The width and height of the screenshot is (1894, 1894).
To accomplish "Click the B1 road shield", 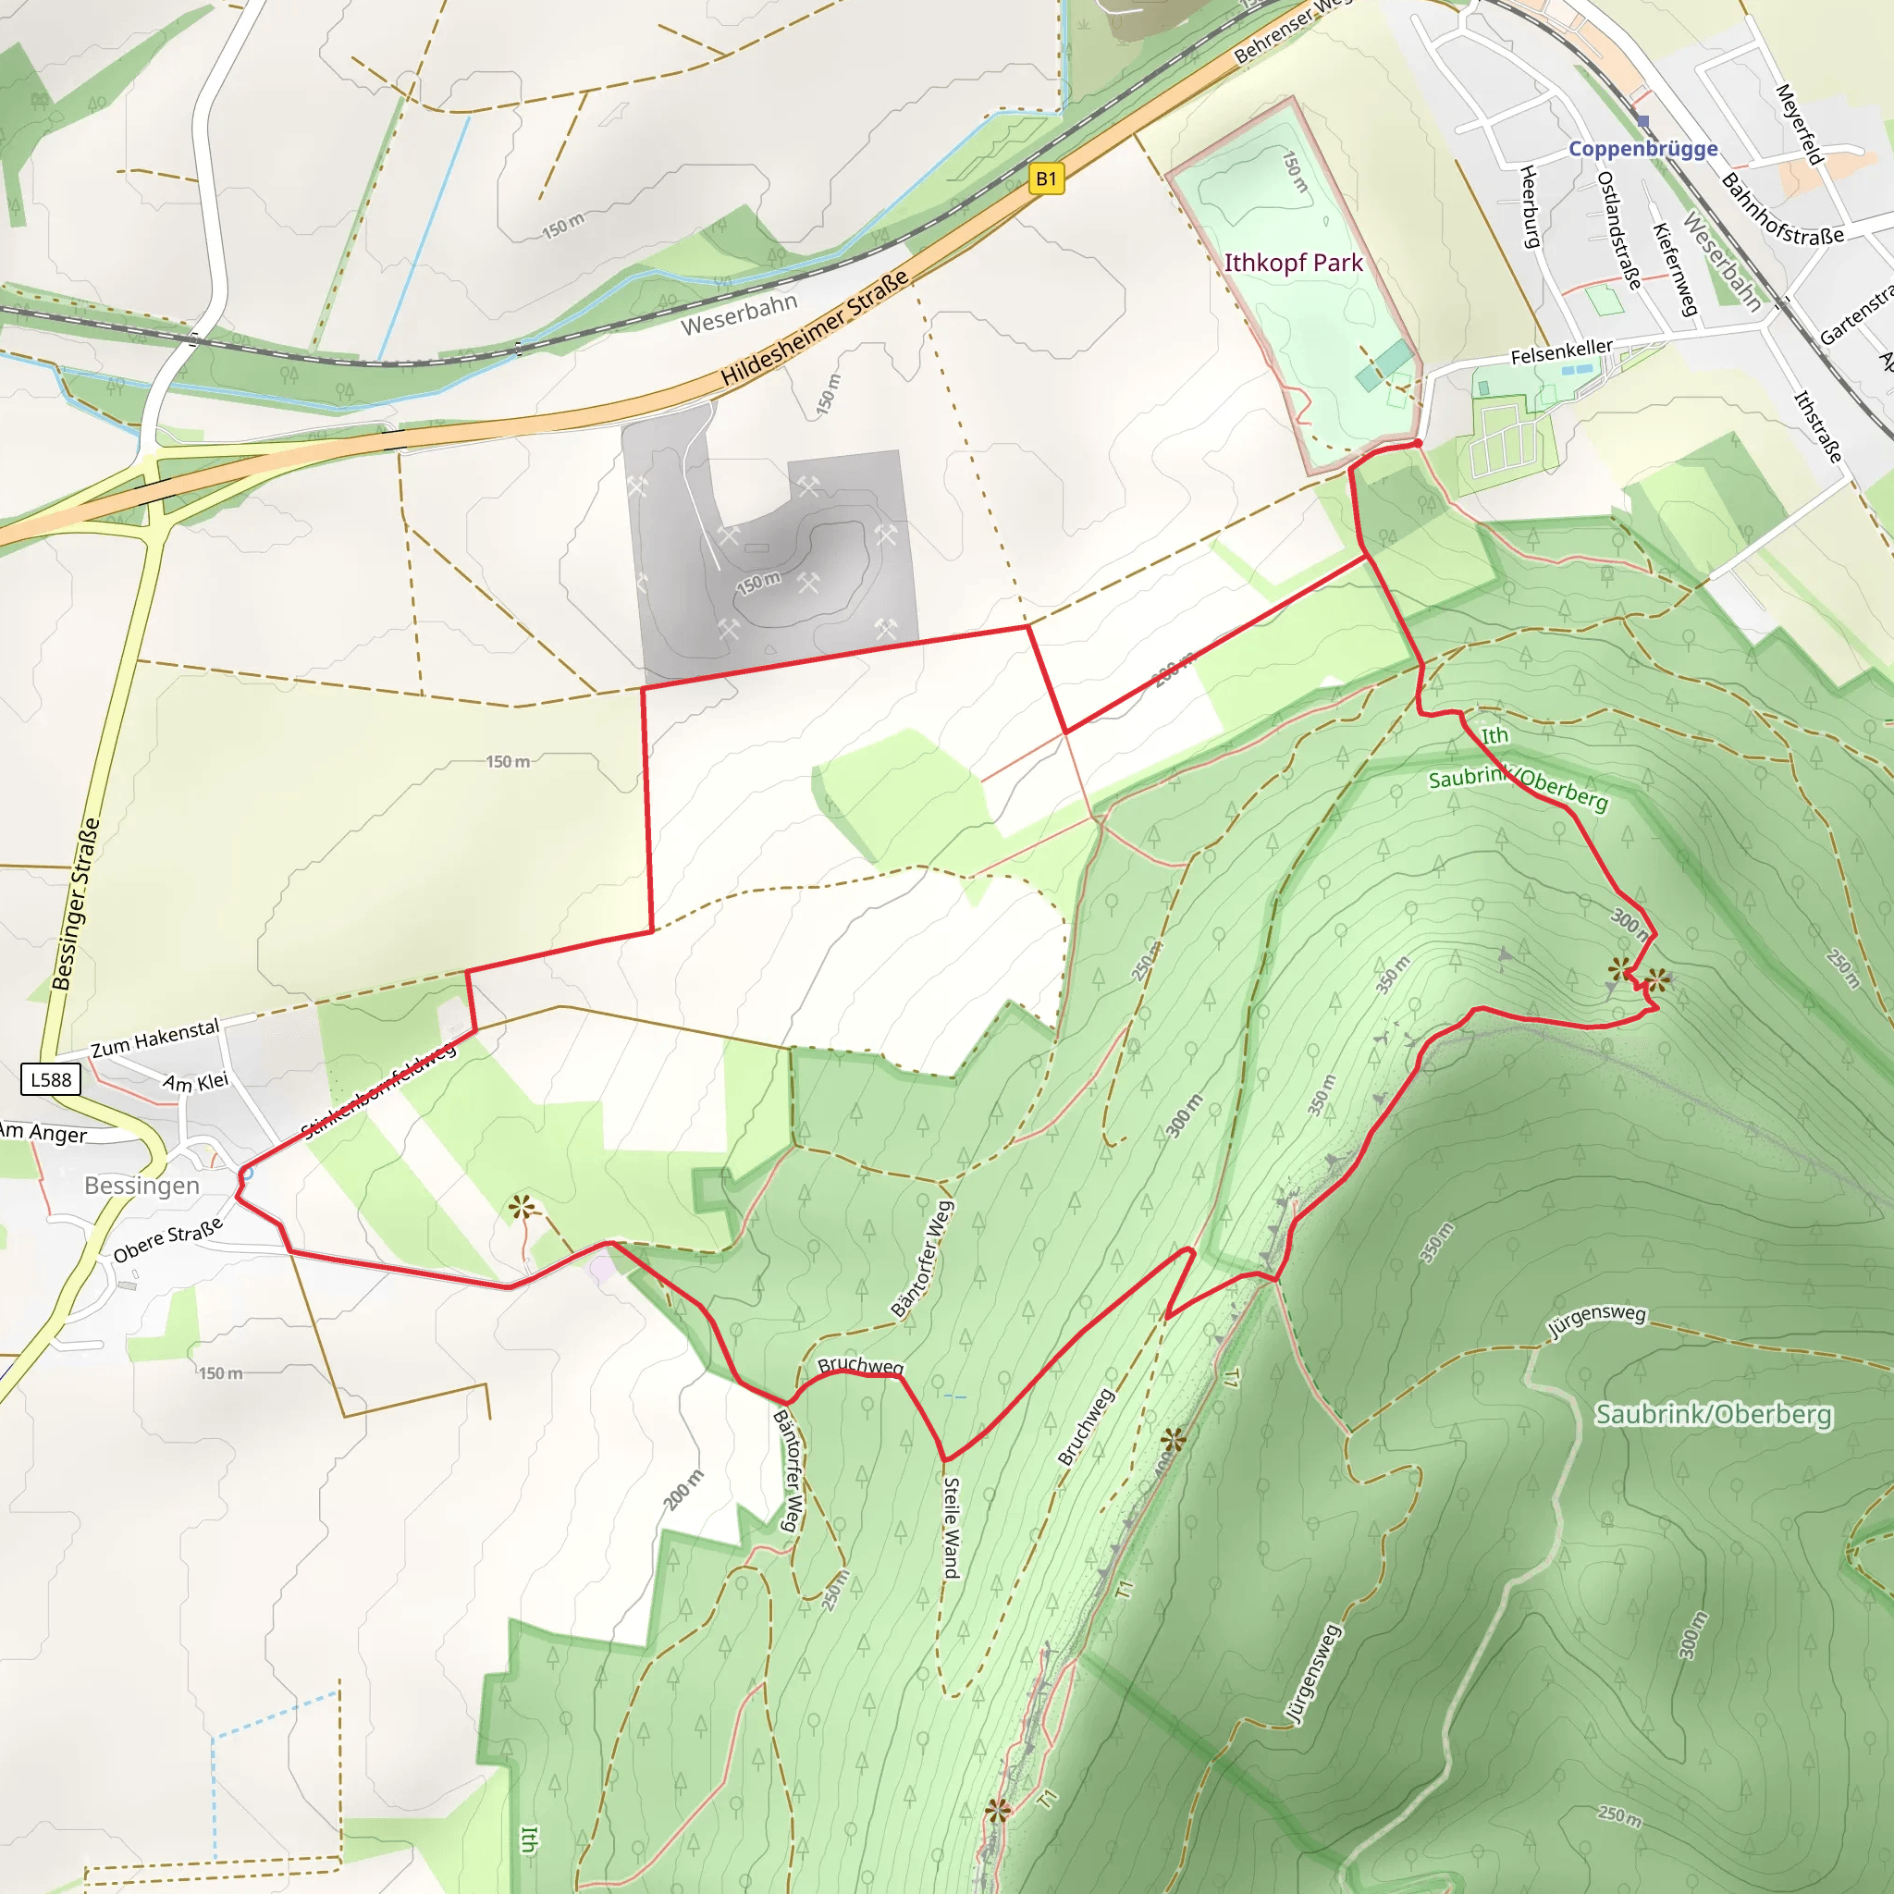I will tap(1046, 178).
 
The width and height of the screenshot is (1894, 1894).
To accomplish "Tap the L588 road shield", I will tap(51, 1080).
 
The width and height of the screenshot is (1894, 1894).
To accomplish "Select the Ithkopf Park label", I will tap(1293, 263).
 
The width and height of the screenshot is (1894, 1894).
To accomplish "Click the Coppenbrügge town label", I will tap(1643, 149).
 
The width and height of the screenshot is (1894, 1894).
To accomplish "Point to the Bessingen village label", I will tap(142, 1187).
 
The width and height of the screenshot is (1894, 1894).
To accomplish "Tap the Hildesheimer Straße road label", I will tap(815, 329).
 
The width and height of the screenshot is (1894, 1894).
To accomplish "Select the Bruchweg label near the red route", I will tap(860, 1366).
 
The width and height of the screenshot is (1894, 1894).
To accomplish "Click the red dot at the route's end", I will tap(1418, 444).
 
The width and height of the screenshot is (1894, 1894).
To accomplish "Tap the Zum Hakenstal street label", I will tap(154, 1039).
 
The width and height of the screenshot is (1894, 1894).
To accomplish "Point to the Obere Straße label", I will tap(167, 1241).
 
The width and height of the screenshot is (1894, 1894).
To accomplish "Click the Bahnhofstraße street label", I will tap(1782, 211).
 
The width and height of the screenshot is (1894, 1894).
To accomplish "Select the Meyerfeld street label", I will tap(1800, 125).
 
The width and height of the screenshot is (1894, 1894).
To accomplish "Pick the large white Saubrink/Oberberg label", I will tap(1713, 1415).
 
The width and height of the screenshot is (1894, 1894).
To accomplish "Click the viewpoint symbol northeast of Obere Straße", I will tap(522, 1208).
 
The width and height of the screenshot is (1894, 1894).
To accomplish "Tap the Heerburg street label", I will tap(1530, 207).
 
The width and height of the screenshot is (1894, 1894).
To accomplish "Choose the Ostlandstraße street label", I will tap(1618, 230).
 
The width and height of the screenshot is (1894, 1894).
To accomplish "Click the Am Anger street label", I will tap(43, 1132).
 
